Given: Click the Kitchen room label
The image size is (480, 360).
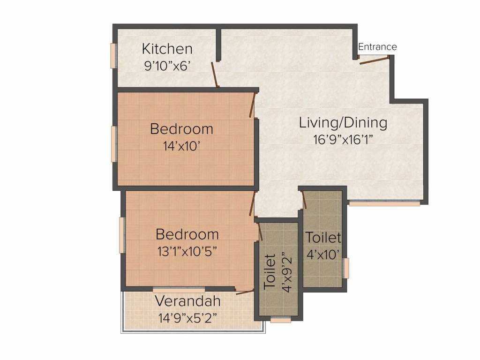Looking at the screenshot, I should pos(167,49).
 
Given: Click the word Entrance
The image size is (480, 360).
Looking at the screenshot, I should pos(377,47).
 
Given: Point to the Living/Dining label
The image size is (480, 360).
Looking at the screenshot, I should pos(343,123).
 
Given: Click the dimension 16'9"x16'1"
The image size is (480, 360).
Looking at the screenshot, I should pos(343,139).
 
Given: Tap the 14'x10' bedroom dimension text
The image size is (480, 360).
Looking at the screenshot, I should pos(181,146).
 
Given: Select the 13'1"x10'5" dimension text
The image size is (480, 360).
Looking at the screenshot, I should pos(187,250).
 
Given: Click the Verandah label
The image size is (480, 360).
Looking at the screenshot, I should pos(187,300).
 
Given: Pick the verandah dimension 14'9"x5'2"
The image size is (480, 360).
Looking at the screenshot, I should pos(187,317).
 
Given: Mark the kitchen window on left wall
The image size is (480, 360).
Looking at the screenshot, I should pos(113,56).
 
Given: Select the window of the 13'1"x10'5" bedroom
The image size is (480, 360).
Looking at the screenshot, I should pos(122,235).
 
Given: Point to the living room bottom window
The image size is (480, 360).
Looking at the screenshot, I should pos(384,204).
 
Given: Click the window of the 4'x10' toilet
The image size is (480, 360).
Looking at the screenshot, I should pos(346,268).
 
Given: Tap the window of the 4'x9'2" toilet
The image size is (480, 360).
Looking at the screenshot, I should pos(281,321).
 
